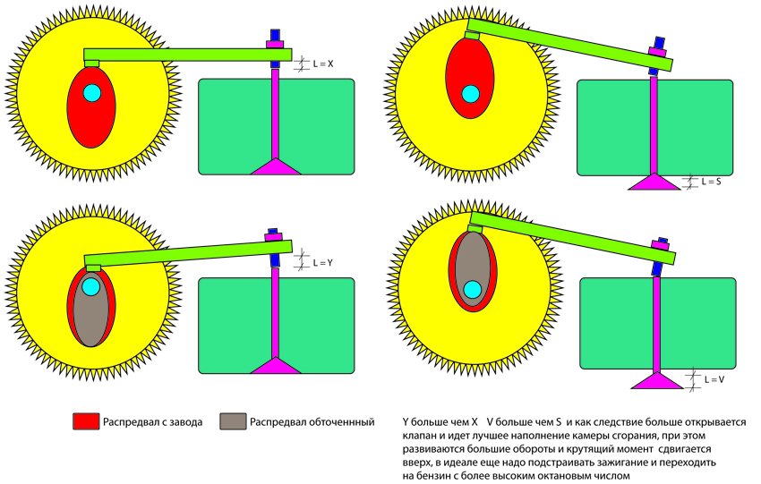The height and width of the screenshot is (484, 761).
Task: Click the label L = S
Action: (711, 182)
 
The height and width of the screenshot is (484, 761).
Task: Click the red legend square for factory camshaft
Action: (85, 420)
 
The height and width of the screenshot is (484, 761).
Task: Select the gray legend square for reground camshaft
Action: (232, 420)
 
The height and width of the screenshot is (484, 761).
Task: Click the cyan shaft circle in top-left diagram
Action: (91, 92)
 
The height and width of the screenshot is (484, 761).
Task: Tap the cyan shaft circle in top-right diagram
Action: (469, 92)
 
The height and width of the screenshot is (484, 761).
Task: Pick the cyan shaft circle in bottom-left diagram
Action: (90, 287)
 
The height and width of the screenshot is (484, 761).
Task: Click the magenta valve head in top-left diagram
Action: (277, 166)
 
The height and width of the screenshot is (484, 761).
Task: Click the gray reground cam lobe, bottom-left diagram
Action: (90, 318)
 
